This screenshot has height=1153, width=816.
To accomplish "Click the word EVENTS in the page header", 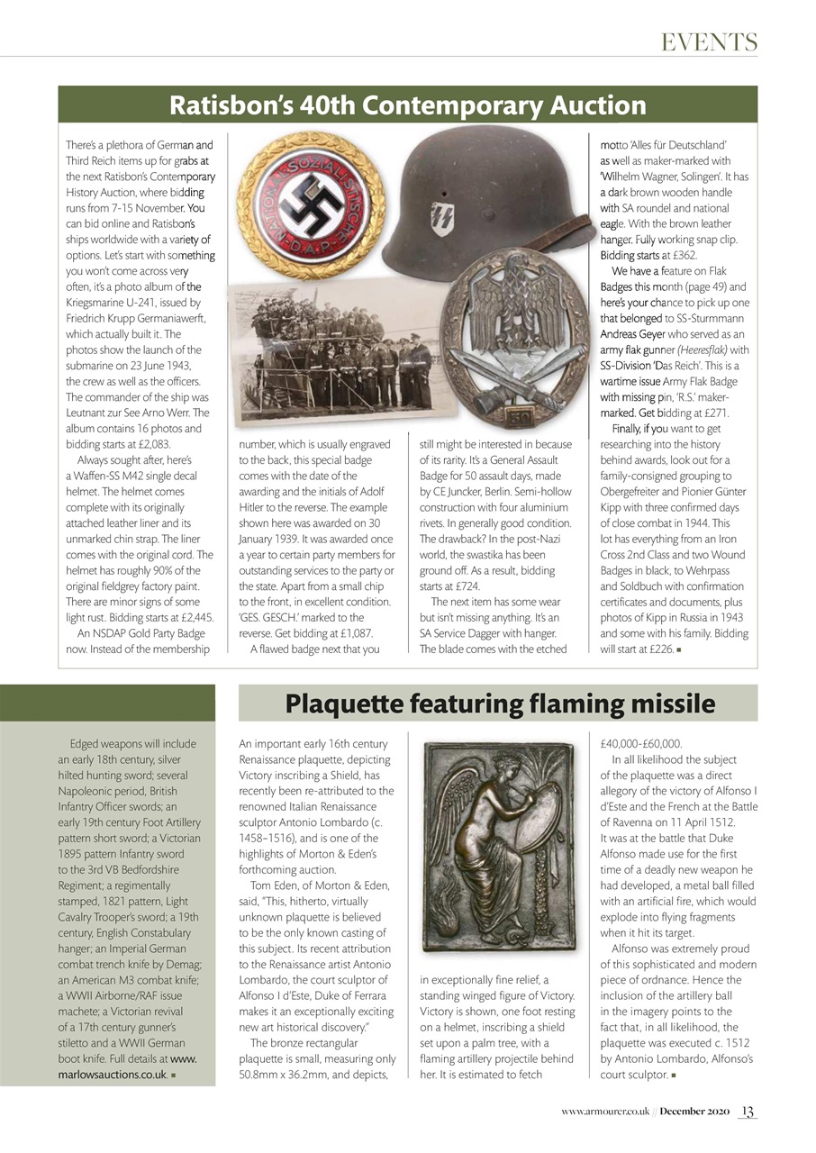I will pos(709,41).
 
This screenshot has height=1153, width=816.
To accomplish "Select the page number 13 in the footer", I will pos(748,1112).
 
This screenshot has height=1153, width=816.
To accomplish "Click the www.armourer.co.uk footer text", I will pos(603,1112).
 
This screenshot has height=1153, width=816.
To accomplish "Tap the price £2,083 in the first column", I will pos(146,444).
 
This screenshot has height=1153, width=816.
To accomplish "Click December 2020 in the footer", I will pos(693,1112).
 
